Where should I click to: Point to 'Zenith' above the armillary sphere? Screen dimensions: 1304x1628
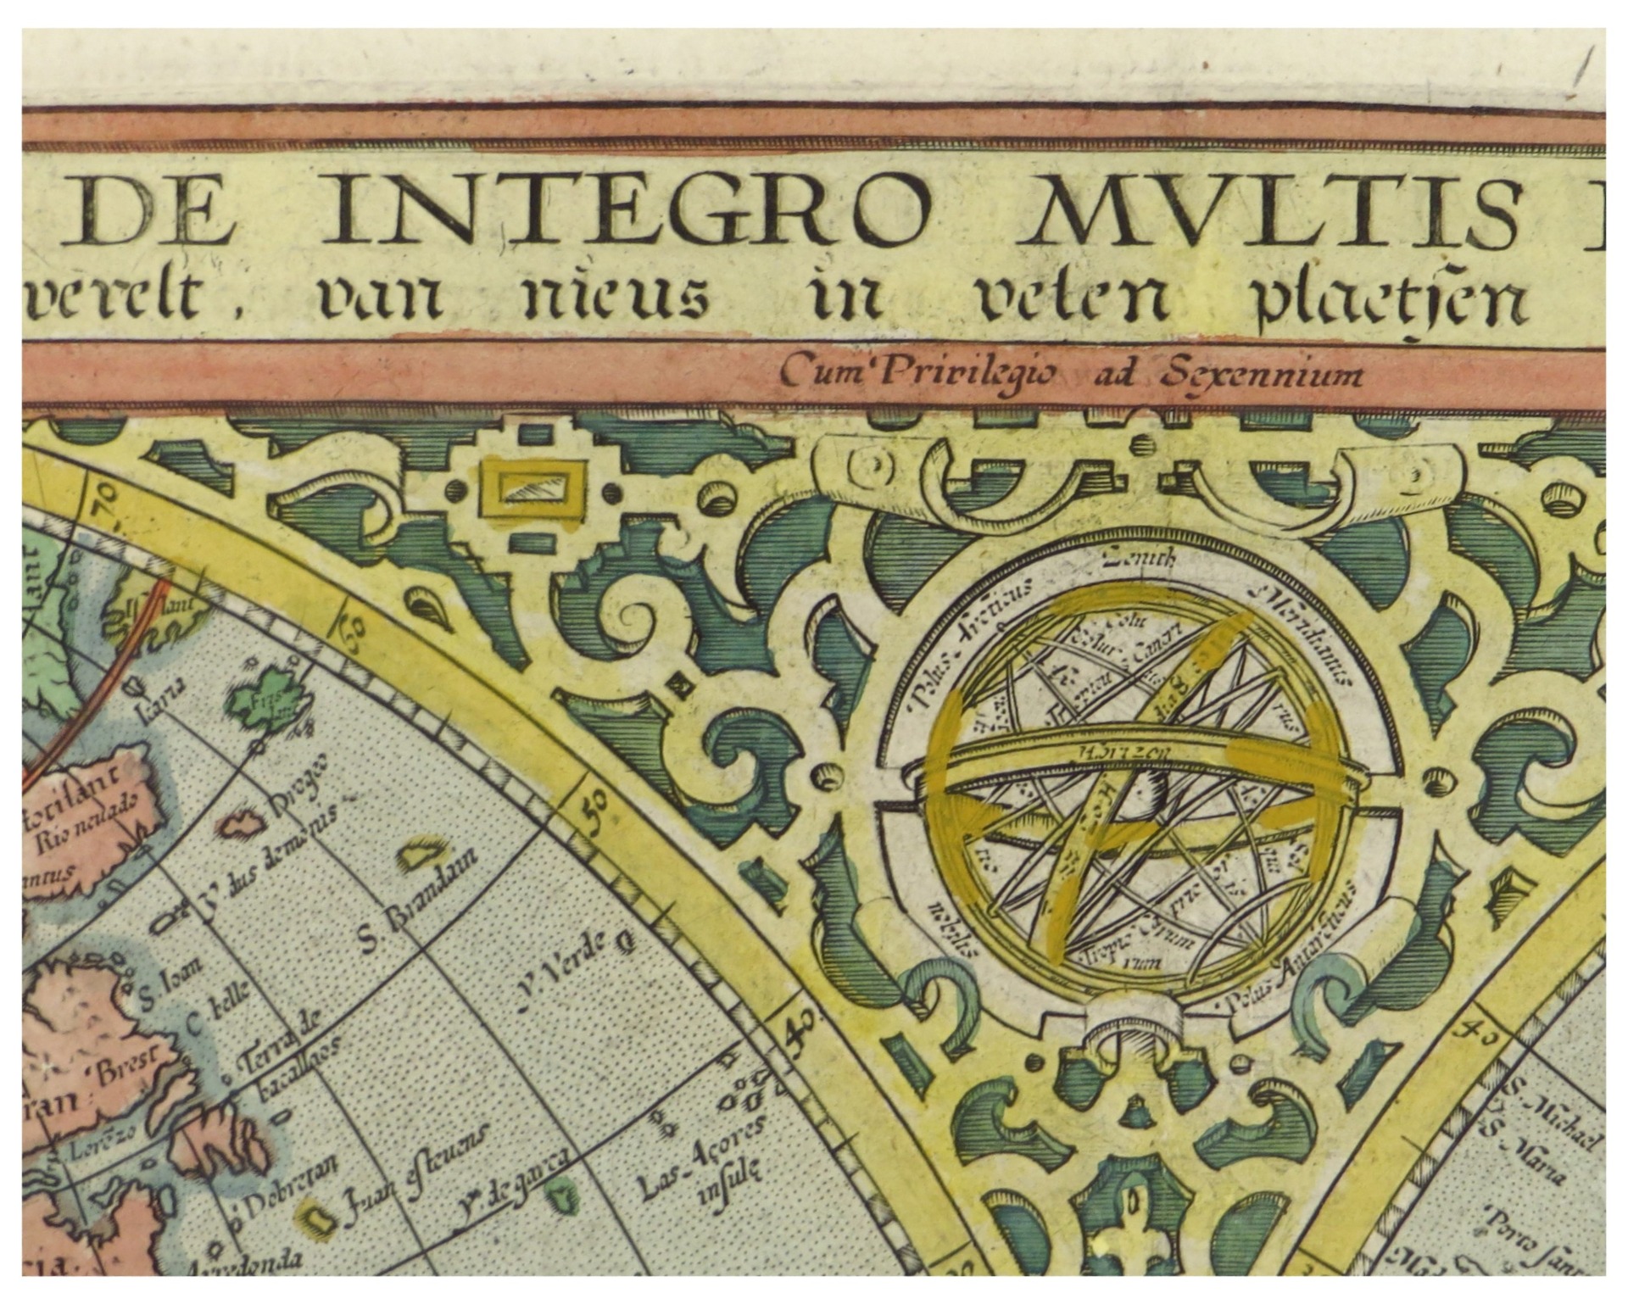(x=1137, y=558)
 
